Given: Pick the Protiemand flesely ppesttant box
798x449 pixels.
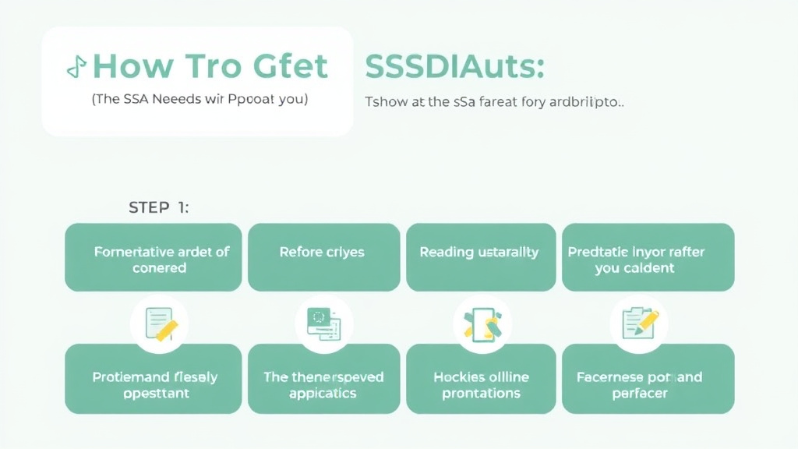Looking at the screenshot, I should pos(154,384).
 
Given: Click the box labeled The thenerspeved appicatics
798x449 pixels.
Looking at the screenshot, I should pos(323,384).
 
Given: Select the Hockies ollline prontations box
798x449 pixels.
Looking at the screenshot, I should pos(481,384).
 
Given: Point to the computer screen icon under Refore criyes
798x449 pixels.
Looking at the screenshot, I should pos(321,321).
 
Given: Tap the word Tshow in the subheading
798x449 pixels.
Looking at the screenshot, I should pos(384,102).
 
